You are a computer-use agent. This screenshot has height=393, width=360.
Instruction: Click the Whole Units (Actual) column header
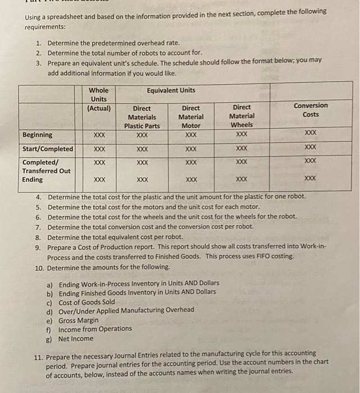[x=99, y=99]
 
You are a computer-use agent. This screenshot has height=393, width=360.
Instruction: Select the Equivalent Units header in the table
[x=171, y=90]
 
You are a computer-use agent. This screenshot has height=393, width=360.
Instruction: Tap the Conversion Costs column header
[x=310, y=110]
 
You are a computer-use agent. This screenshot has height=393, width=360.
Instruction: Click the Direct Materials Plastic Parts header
[x=142, y=117]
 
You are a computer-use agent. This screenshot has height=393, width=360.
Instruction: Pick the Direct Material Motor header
[x=191, y=117]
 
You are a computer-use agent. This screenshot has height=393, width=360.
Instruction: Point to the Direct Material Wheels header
[x=241, y=116]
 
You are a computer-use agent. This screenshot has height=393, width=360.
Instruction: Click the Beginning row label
[x=38, y=135]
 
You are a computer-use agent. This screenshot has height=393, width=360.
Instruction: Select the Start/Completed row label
[x=48, y=149]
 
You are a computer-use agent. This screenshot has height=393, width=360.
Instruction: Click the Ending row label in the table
[x=33, y=180]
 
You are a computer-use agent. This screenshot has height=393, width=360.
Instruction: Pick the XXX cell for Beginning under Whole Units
[x=99, y=135]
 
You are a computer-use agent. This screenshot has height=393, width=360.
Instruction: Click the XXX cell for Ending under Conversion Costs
[x=310, y=179]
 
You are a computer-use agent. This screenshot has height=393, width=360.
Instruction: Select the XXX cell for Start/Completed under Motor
[x=191, y=149]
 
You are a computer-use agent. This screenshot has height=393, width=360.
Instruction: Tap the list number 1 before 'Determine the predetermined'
[x=38, y=43]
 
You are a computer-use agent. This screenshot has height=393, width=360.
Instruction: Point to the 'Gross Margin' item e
[x=79, y=320]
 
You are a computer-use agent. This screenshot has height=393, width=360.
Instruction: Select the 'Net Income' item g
[x=76, y=339]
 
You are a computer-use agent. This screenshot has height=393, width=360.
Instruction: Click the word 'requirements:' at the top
[x=44, y=26]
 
